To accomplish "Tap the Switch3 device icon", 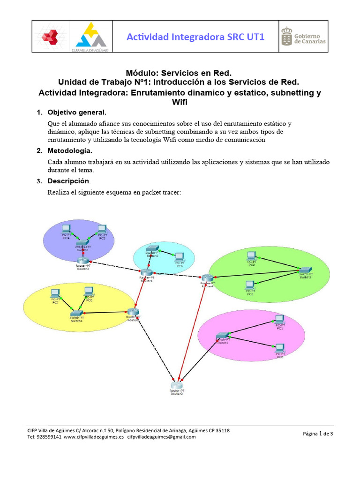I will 83,243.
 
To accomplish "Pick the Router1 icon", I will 146,272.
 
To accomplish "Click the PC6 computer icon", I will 179,256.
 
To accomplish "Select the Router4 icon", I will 207,278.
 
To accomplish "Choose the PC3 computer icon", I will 250,285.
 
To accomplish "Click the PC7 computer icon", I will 55,293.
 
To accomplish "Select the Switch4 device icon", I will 76,313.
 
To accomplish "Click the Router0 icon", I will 177,385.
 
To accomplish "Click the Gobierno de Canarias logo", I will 303,37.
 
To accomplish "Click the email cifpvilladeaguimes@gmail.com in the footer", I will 161,437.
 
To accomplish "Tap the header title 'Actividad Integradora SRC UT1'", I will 195,37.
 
